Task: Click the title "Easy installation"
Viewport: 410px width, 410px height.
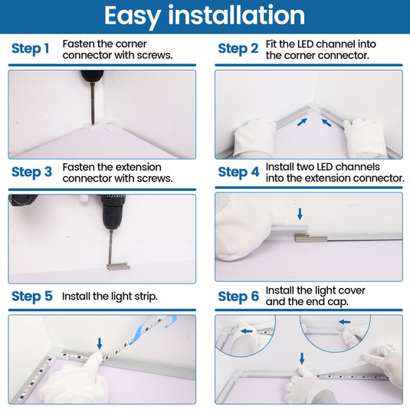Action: (205, 15)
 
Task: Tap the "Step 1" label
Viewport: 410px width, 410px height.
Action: (31, 48)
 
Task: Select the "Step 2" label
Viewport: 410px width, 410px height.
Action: (238, 48)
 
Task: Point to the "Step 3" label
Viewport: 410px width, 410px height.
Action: (31, 172)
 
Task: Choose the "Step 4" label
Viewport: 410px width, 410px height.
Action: (239, 172)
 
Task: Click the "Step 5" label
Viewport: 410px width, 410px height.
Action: (32, 297)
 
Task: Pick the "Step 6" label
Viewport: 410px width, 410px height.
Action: (238, 297)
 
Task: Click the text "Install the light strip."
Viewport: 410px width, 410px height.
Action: (110, 297)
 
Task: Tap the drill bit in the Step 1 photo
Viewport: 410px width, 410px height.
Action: (92, 103)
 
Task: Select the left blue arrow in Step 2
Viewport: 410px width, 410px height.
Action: (302, 122)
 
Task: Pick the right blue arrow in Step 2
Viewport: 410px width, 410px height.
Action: (326, 123)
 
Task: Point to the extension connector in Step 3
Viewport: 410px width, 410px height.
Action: (118, 267)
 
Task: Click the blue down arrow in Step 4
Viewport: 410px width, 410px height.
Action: (300, 214)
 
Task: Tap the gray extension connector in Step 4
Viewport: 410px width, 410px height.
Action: (311, 238)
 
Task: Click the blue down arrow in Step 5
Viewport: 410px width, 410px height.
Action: (100, 343)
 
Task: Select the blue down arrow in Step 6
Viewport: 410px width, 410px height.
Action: (302, 359)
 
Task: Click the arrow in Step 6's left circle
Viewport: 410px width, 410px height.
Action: (247, 331)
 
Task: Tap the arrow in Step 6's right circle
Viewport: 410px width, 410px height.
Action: (344, 322)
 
